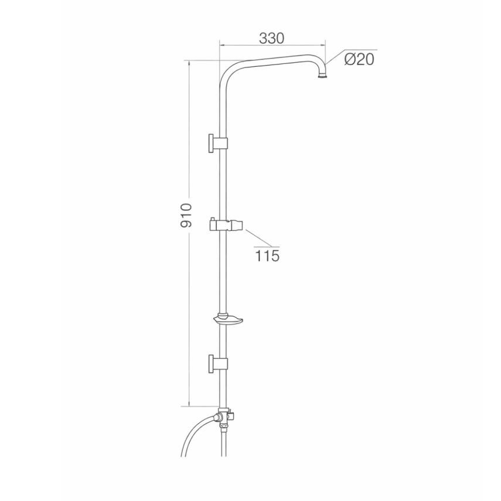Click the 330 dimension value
[x=271, y=38]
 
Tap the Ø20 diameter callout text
[x=359, y=59]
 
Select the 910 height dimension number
[x=186, y=215]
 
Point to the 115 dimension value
[x=267, y=255]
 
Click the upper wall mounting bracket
[x=218, y=143]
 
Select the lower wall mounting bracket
[x=218, y=363]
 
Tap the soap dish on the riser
[x=227, y=319]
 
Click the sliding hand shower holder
[x=226, y=225]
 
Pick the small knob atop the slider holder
[x=213, y=219]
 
